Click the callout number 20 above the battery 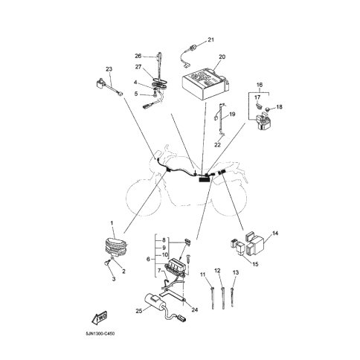click(x=222, y=57)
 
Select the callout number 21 click(x=210, y=39)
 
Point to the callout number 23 click(x=109, y=69)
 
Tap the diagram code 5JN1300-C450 click(x=100, y=334)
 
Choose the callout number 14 click(x=275, y=234)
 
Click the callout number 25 click(x=139, y=311)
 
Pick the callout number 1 click(x=112, y=223)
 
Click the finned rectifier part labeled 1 click(x=116, y=248)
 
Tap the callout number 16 click(x=260, y=85)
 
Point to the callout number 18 click(x=279, y=107)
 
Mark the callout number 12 click(x=217, y=271)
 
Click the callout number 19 click(x=232, y=115)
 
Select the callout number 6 click(x=148, y=260)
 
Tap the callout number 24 click(x=195, y=310)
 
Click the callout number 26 click(x=138, y=56)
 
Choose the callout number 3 click(x=114, y=279)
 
